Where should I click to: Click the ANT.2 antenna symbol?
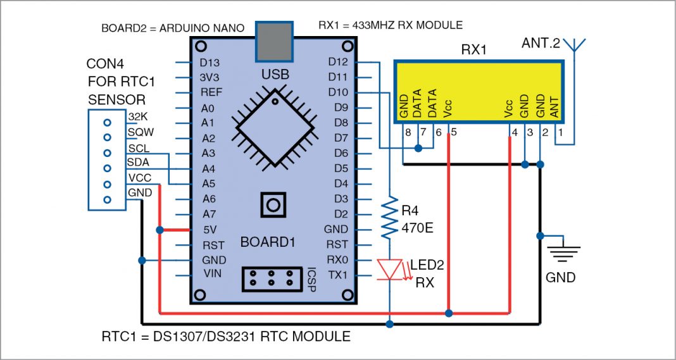[x=573, y=46]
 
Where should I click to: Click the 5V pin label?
[x=209, y=230]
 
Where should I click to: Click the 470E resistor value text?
[x=416, y=227]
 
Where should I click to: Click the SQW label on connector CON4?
[x=141, y=132]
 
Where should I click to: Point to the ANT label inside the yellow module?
[x=554, y=111]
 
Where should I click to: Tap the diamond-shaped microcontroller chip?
[x=273, y=124]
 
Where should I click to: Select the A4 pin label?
[x=209, y=168]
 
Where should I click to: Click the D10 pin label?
[x=338, y=92]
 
